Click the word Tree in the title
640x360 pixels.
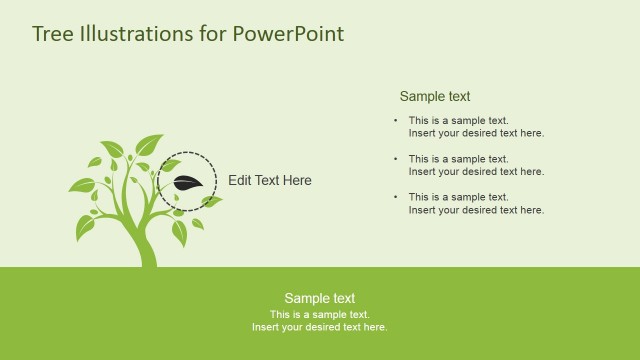[x=51, y=34]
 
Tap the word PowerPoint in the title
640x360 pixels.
[x=288, y=34]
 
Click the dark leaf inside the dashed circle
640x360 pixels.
[x=188, y=183]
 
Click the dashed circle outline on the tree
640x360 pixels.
[x=187, y=153]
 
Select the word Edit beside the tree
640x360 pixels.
[x=240, y=181]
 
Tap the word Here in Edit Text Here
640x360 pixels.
[x=296, y=181]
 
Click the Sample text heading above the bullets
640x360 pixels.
[x=435, y=97]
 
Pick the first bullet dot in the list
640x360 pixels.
[x=395, y=120]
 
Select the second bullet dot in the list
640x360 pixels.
[x=395, y=158]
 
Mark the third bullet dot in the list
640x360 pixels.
[x=395, y=197]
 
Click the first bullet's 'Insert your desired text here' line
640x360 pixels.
[x=476, y=133]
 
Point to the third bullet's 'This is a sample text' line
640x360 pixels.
[x=459, y=197]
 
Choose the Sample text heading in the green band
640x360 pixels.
[x=319, y=298]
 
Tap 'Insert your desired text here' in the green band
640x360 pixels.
[x=319, y=327]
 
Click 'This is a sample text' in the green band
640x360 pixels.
[x=319, y=314]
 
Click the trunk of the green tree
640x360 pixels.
[x=146, y=245]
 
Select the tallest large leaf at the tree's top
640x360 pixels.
[x=149, y=144]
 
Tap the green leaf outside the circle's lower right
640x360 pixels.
[x=211, y=202]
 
